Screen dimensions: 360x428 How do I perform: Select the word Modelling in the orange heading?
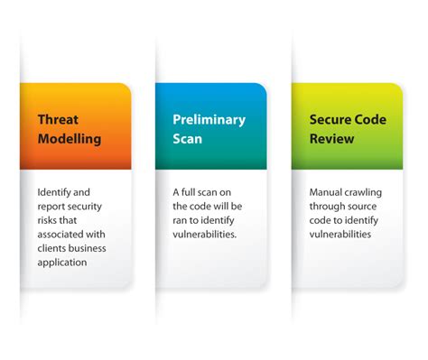70,139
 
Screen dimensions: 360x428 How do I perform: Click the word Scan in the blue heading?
189,139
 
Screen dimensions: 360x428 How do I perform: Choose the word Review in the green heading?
333,139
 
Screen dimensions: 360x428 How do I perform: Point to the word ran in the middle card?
181,220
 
